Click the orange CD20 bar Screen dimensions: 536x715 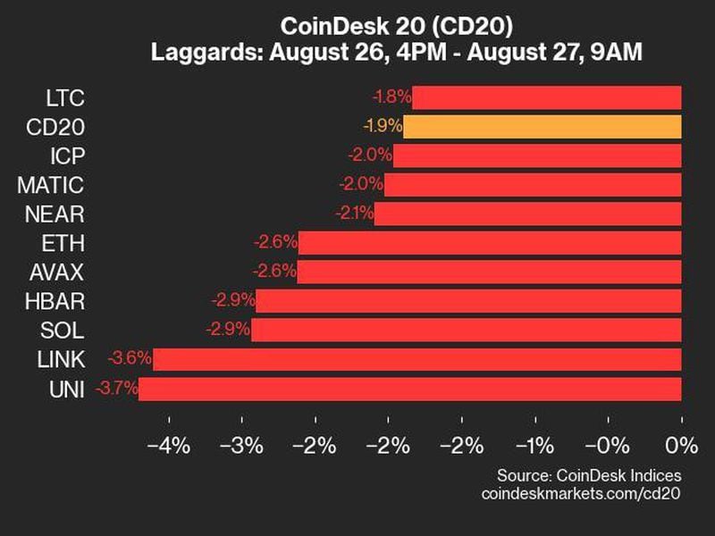[542, 126]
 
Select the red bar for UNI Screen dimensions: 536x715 [409, 389]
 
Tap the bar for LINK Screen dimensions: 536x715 [416, 359]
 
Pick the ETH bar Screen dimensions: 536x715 [490, 242]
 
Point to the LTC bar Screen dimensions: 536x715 [547, 96]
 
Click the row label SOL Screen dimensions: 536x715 [63, 330]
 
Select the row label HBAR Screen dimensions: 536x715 [55, 301]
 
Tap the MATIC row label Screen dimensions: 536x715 [51, 185]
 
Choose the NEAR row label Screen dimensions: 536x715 [53, 214]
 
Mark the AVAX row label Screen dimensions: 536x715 [55, 272]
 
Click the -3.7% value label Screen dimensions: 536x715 [114, 389]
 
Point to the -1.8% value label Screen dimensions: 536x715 [391, 96]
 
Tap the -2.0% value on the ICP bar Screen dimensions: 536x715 [370, 155]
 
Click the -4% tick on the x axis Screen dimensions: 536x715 [168, 445]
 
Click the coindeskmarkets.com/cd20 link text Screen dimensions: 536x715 [581, 493]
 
